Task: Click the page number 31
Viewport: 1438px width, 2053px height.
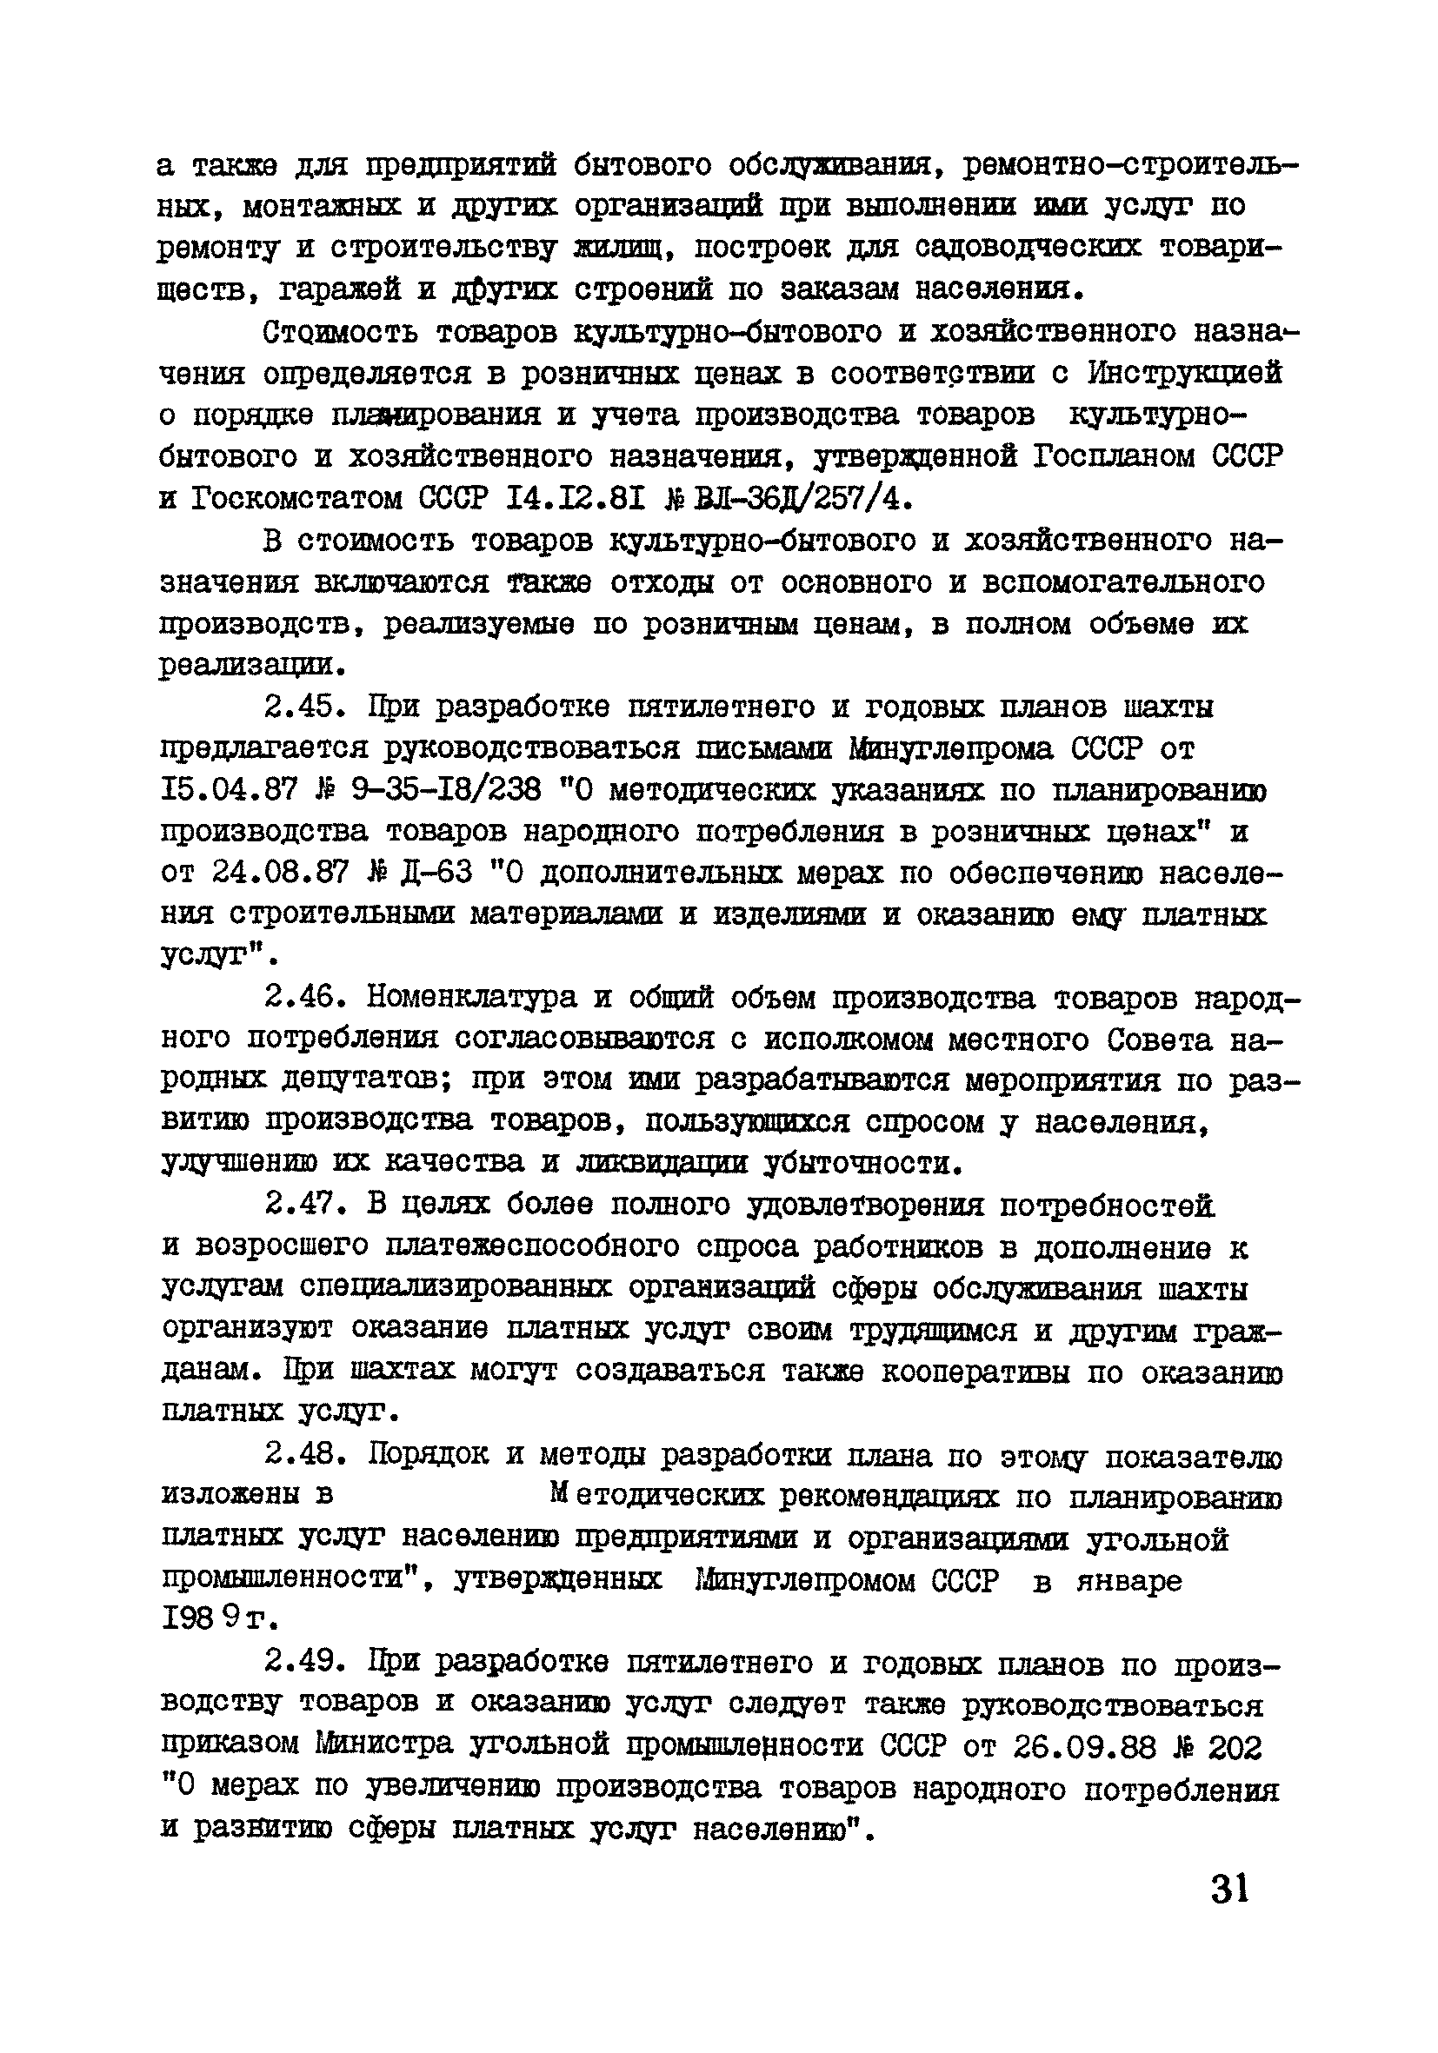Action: (x=1229, y=1890)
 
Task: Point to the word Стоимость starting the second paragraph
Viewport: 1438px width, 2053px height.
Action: (x=341, y=333)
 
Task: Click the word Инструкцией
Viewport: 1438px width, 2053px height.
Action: (x=1185, y=374)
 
